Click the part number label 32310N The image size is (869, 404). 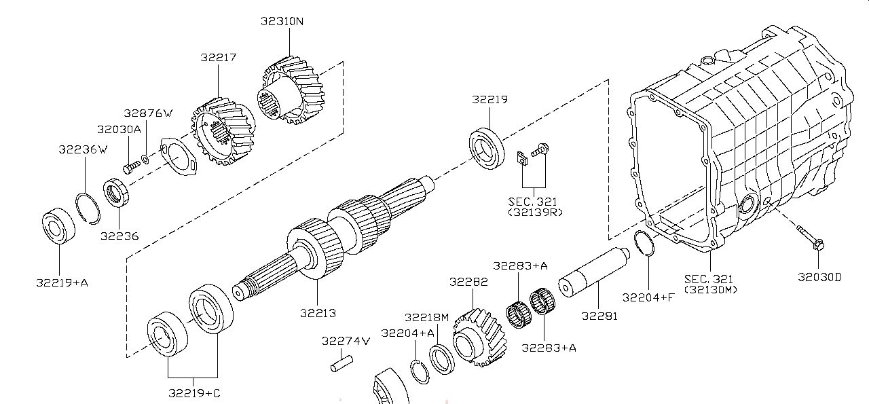click(x=282, y=21)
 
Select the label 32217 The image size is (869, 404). click(x=218, y=58)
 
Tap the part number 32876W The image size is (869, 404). click(x=148, y=113)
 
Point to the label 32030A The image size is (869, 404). click(x=119, y=129)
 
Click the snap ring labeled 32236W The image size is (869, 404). click(x=88, y=206)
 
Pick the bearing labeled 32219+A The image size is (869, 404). click(x=58, y=228)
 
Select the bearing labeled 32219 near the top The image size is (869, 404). click(x=487, y=146)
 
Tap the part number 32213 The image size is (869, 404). click(x=318, y=313)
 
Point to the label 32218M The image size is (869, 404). click(x=426, y=317)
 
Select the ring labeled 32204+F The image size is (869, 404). click(x=644, y=243)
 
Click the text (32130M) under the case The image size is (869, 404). click(x=709, y=290)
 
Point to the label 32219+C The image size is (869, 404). click(x=194, y=392)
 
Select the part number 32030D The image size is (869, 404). click(x=819, y=277)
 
